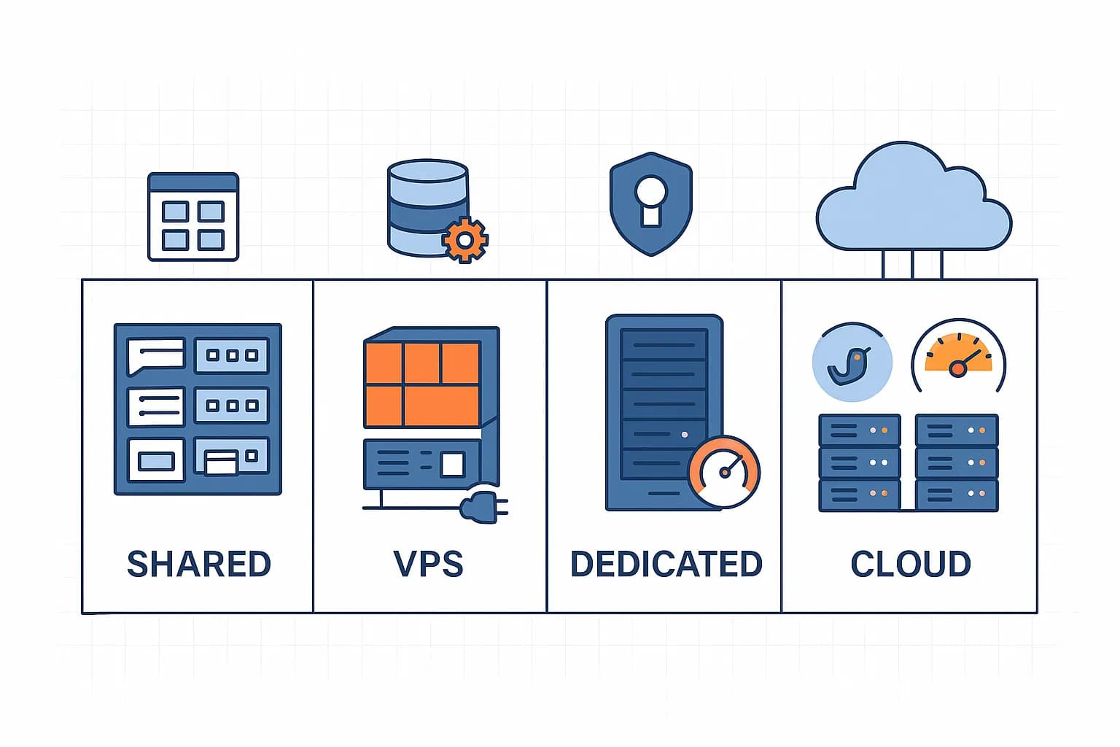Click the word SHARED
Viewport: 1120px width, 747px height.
pos(198,564)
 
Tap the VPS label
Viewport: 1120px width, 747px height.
pos(429,564)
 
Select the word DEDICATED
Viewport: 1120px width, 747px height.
pos(666,564)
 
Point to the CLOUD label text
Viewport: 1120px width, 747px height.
pos(911,564)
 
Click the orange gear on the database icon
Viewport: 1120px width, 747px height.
pos(464,239)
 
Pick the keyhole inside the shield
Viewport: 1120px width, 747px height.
pos(650,200)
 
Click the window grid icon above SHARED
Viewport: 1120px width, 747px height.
pos(193,217)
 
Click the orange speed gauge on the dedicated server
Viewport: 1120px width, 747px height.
pos(724,471)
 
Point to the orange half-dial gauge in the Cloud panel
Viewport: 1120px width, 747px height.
pos(958,354)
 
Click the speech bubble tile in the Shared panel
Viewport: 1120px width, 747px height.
pos(155,355)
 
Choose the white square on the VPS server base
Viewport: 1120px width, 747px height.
pos(453,464)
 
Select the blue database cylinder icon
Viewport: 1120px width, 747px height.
pos(427,208)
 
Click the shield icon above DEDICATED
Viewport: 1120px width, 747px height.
pos(650,204)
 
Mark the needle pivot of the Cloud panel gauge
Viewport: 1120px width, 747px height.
pos(958,369)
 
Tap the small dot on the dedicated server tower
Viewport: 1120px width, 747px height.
pos(684,434)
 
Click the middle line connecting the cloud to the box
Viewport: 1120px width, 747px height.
pos(912,264)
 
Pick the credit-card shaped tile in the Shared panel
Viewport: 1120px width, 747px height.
pos(221,462)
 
